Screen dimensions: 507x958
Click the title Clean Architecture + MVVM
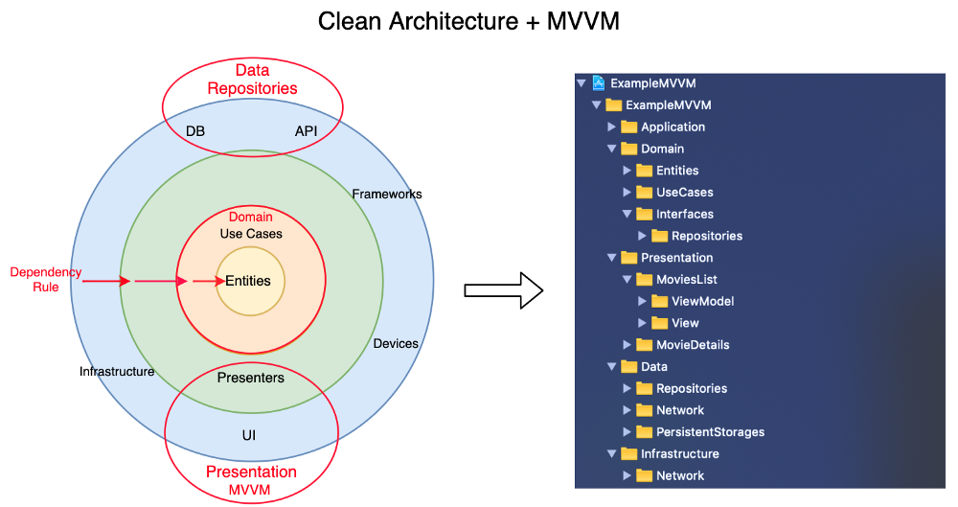point(468,21)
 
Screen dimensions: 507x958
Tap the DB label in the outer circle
point(195,131)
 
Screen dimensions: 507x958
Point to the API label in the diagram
point(306,131)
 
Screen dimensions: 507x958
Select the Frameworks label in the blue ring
point(386,194)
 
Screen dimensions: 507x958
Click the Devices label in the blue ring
point(395,343)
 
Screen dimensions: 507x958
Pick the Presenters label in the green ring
point(251,378)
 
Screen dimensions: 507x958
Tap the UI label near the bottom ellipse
point(249,435)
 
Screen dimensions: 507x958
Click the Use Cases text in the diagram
point(251,233)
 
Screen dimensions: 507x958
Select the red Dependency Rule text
point(46,279)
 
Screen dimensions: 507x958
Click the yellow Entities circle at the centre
point(249,281)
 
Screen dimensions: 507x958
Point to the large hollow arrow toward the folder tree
point(503,290)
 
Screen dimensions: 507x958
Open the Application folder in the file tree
point(672,127)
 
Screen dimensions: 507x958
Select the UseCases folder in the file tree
point(684,192)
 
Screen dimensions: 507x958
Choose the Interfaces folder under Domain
point(684,214)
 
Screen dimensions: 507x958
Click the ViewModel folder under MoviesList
point(702,301)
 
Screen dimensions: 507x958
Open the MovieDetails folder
point(692,345)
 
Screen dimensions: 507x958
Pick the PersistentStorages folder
point(709,432)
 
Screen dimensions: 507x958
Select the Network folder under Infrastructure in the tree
point(679,475)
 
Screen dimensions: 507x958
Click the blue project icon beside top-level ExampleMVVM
point(599,83)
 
